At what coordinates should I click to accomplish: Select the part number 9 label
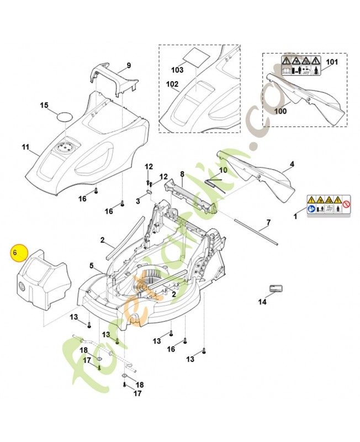(x=129, y=66)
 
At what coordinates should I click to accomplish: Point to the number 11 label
(x=25, y=147)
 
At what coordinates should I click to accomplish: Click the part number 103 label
(x=177, y=71)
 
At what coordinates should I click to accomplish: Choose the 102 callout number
(x=172, y=85)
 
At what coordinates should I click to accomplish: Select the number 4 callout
(x=292, y=164)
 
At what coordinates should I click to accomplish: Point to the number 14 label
(x=262, y=302)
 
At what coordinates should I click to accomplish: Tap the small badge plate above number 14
(x=276, y=289)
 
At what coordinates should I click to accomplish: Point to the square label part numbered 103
(x=197, y=56)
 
